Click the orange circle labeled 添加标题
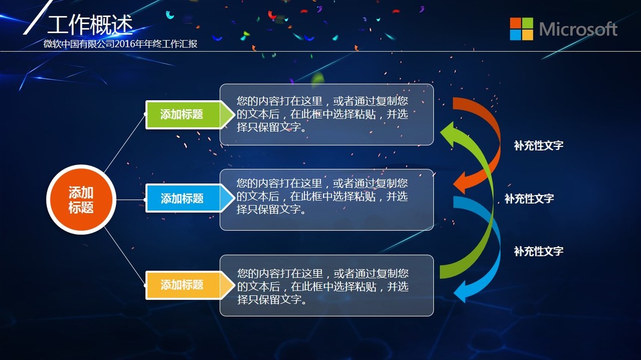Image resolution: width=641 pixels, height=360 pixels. pos(81,199)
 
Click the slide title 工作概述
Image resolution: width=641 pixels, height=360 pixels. pos(91,25)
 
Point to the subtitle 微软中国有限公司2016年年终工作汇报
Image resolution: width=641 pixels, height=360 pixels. pos(121,44)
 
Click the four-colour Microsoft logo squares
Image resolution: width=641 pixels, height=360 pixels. pos(521,29)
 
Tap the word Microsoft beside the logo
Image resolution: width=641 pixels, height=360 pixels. pos(578,29)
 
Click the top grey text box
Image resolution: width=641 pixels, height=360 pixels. pos(327,115)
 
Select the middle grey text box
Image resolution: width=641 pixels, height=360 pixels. pos(327,200)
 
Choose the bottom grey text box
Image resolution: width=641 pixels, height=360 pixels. pos(327,286)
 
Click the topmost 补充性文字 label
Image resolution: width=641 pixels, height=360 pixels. pos(538,145)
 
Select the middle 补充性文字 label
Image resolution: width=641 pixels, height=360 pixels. pos(529,199)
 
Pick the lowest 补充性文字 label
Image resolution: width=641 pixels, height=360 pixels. pos(538,251)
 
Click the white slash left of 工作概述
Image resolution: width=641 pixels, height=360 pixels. pos(38,17)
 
